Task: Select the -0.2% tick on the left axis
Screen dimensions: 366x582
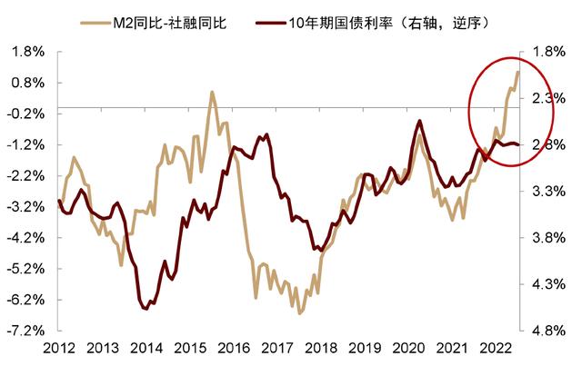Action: (25, 114)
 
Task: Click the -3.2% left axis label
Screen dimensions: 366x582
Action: (25, 207)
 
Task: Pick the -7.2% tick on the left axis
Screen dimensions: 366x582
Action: (25, 331)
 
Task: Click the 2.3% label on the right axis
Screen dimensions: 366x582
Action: (547, 98)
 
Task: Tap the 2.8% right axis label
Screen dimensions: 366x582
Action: (547, 144)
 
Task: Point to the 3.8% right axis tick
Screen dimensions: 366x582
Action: (547, 238)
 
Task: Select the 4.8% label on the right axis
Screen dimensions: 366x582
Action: (547, 331)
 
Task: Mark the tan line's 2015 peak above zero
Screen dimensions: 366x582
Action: (212, 92)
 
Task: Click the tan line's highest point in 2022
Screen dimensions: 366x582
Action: (517, 73)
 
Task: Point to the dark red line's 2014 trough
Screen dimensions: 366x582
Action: (145, 310)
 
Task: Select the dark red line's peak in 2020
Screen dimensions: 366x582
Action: (419, 121)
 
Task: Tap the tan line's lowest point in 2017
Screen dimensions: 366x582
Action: (299, 313)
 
